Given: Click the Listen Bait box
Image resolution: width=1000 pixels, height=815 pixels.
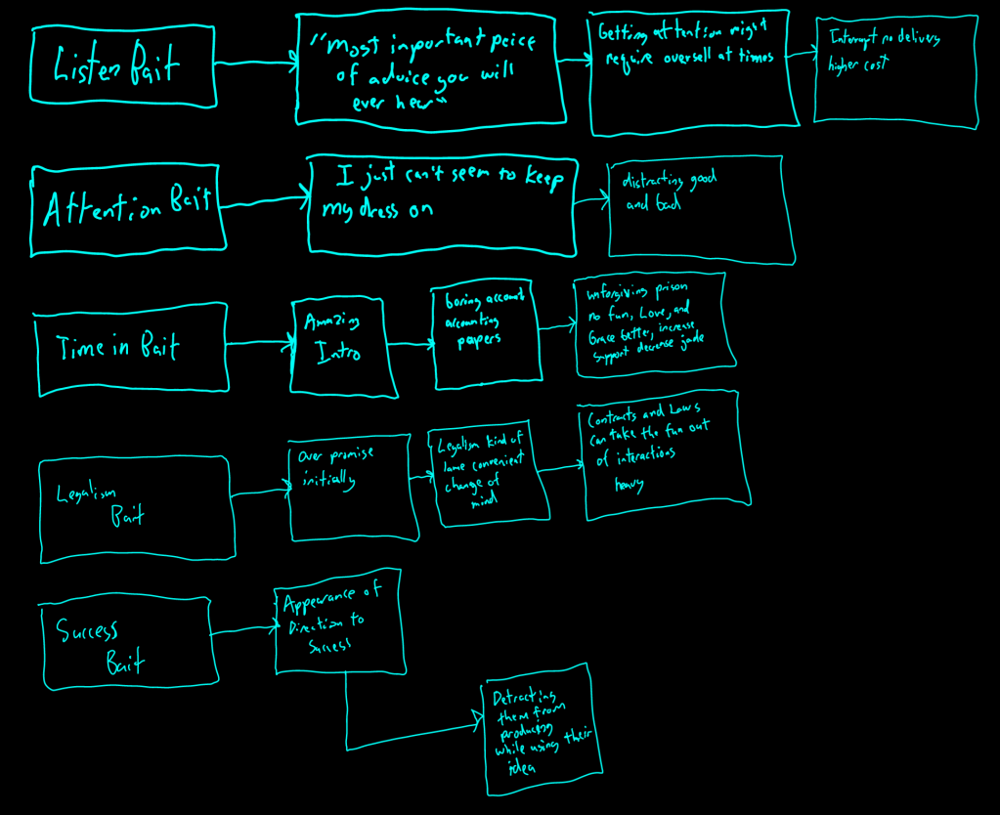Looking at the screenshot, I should [122, 65].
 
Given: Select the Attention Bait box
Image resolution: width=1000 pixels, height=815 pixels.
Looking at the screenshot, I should [128, 211].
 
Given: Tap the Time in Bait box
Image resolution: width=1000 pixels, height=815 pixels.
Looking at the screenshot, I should [132, 349].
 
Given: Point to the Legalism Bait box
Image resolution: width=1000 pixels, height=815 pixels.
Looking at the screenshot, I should [137, 508].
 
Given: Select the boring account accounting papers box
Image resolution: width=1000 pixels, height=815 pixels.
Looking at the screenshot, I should [486, 332].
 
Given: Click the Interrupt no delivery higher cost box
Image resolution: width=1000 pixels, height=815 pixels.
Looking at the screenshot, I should [895, 70].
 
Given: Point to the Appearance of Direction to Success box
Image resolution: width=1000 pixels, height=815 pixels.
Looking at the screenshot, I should [338, 622].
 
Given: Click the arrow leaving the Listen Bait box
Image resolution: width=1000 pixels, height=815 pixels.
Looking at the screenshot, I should [255, 64].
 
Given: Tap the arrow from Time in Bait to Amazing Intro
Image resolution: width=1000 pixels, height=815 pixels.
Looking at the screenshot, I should [260, 342].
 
